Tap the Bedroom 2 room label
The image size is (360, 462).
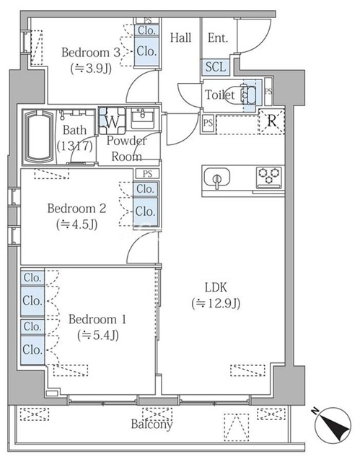tap(76, 208)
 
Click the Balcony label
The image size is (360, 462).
tap(152, 424)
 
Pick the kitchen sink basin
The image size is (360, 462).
tap(216, 178)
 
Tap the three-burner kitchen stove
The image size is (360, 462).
tap(269, 175)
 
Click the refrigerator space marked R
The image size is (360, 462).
tap(271, 121)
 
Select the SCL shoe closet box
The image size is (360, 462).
tap(215, 67)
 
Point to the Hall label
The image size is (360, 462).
tap(180, 38)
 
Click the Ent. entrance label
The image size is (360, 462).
tap(217, 38)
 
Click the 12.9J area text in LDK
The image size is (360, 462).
tap(216, 303)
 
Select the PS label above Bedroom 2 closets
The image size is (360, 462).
tap(147, 174)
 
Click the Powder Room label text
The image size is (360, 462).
tap(126, 147)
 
